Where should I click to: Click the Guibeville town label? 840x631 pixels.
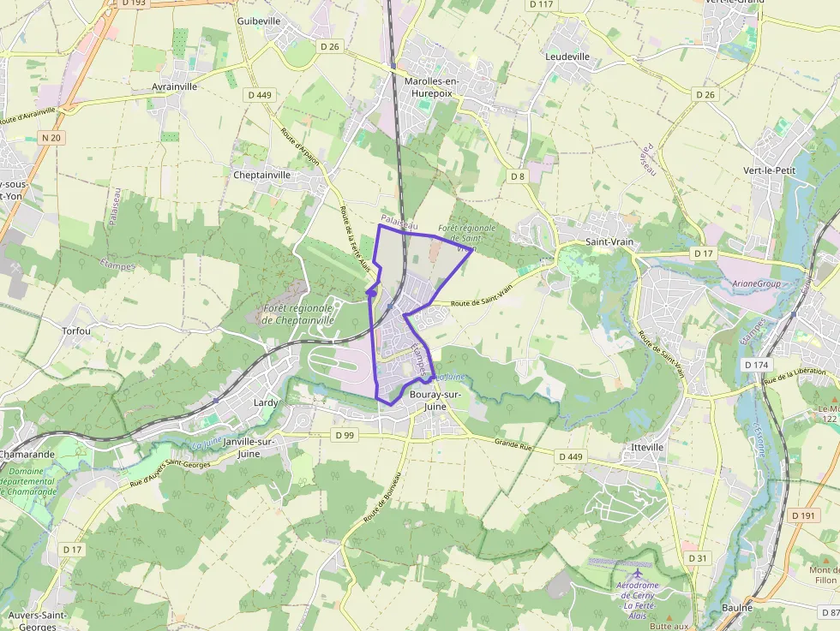click(x=259, y=21)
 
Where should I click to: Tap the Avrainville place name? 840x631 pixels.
click(x=174, y=86)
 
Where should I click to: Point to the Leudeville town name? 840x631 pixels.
click(x=567, y=57)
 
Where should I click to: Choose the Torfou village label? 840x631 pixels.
click(x=76, y=330)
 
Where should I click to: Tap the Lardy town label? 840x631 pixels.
click(x=267, y=402)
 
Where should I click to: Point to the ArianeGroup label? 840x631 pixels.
click(x=758, y=283)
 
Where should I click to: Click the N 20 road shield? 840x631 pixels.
click(x=51, y=137)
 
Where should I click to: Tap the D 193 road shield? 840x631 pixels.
click(x=134, y=3)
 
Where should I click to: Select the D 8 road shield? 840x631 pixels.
click(x=517, y=176)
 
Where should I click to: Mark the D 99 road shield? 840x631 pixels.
click(x=345, y=435)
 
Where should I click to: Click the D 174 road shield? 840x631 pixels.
click(x=757, y=365)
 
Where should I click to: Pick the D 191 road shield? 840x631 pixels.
click(x=803, y=515)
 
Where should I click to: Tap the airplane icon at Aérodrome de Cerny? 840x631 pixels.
click(x=637, y=573)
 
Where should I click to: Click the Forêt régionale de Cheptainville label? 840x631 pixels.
click(x=297, y=314)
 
